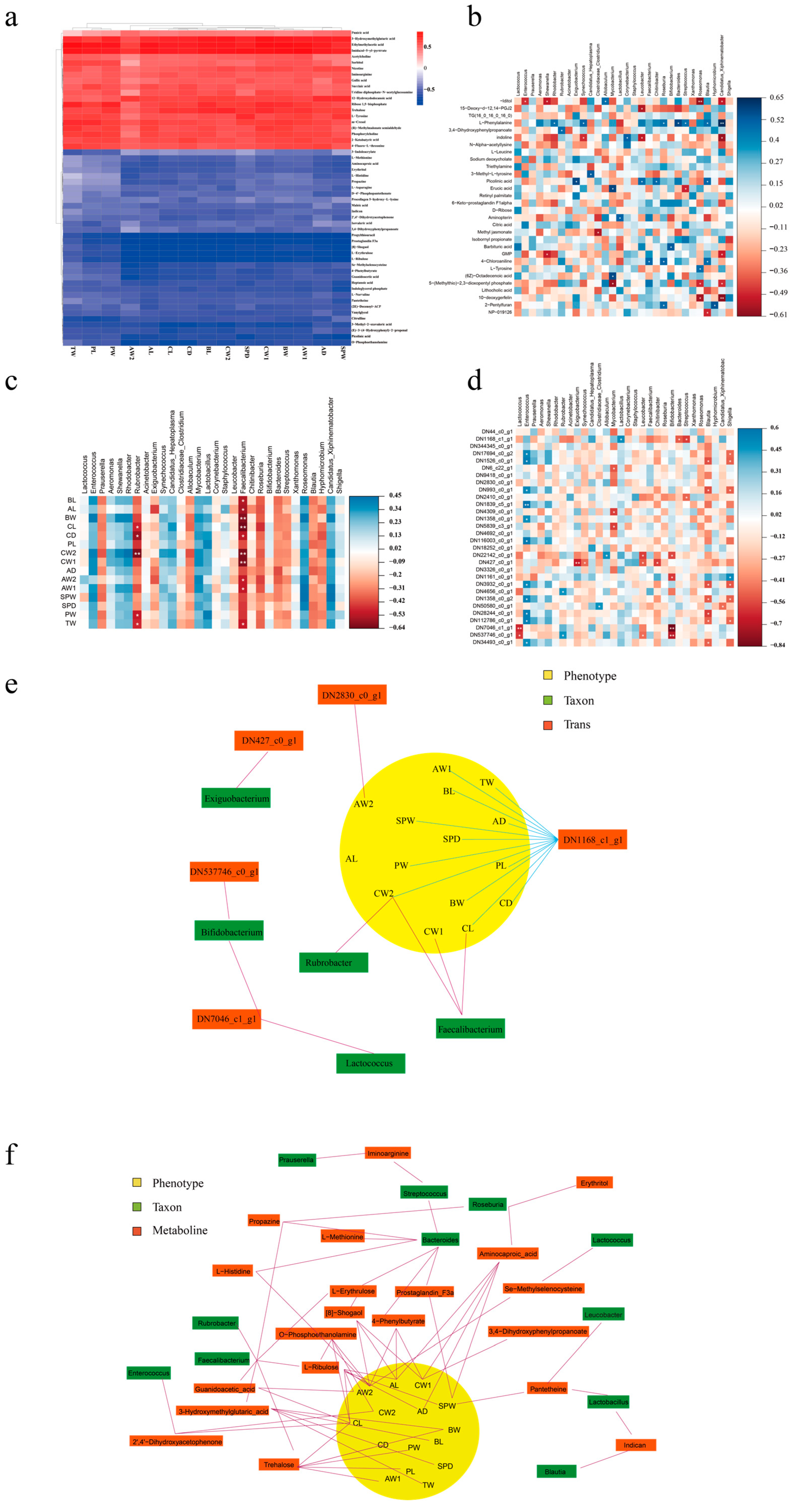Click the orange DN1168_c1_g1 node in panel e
[592, 839]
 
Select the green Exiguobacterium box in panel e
[237, 799]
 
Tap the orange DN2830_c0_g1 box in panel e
[352, 695]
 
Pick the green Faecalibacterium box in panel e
[470, 1029]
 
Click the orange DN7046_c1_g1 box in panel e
[227, 1019]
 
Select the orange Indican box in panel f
[635, 1445]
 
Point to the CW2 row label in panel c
[68, 553]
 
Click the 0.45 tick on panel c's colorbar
[396, 495]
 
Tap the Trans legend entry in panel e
[577, 725]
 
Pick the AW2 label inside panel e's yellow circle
[363, 804]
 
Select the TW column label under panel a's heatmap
[73, 351]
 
